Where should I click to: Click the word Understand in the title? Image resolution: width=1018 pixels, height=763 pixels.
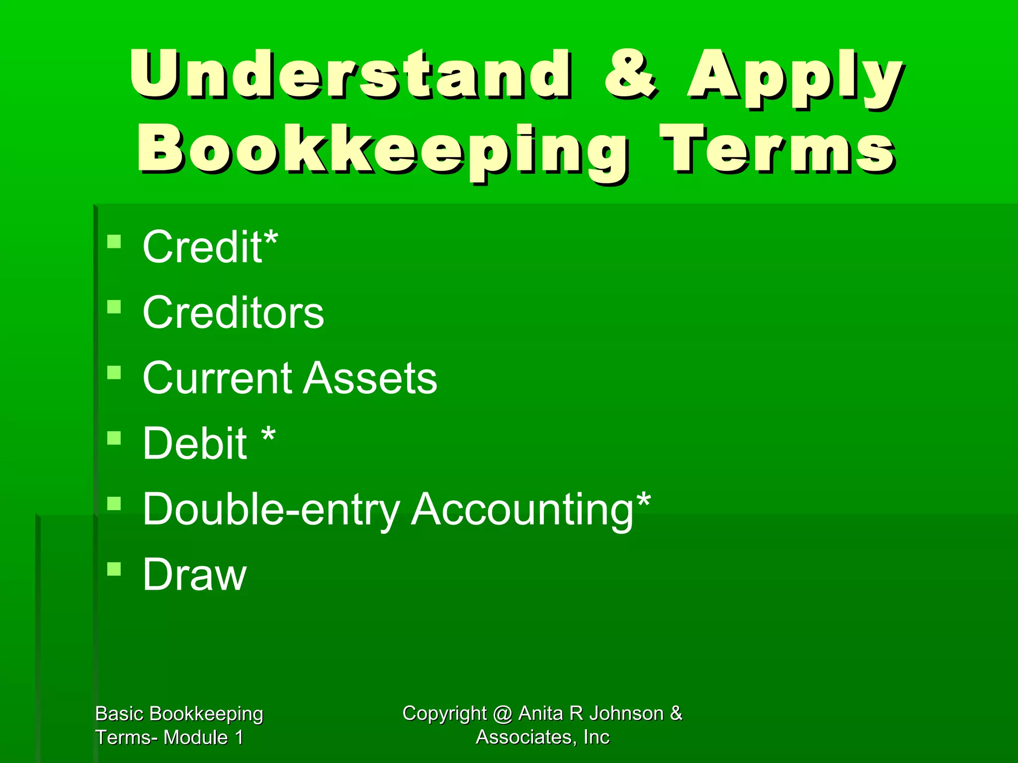pyautogui.click(x=350, y=75)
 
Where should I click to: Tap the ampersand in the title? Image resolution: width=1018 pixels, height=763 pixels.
pyautogui.click(x=630, y=75)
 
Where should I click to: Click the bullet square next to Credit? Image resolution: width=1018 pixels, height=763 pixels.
pyautogui.click(x=114, y=242)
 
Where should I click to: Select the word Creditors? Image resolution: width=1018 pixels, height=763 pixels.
pyautogui.click(x=233, y=312)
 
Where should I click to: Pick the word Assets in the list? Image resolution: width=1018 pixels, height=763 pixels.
pyautogui.click(x=370, y=378)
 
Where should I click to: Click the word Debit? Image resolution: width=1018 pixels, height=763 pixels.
pyautogui.click(x=194, y=443)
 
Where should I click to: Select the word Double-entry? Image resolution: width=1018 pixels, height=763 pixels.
pyautogui.click(x=271, y=510)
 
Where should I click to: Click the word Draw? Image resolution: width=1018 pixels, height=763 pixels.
pyautogui.click(x=194, y=575)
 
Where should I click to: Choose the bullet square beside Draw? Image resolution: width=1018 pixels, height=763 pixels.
pyautogui.click(x=114, y=569)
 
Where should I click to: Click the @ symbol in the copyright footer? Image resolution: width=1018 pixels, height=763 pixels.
pyautogui.click(x=503, y=714)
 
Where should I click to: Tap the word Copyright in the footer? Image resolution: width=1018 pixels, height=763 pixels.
pyautogui.click(x=444, y=714)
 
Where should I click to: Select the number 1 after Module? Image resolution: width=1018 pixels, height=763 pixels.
pyautogui.click(x=239, y=738)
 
